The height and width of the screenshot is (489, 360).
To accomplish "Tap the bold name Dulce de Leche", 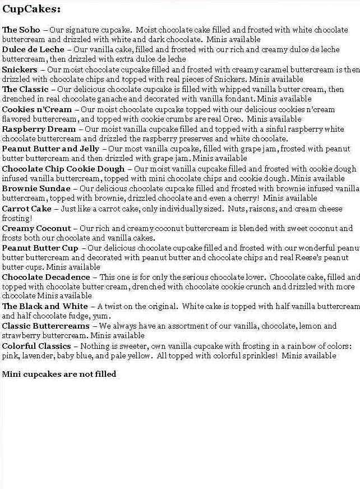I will (33, 49).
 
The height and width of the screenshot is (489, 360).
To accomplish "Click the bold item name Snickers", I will (20, 70).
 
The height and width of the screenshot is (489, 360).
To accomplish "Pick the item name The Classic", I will (25, 89).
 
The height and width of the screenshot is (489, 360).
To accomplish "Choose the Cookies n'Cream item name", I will (37, 109).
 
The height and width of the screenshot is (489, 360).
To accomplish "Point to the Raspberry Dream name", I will (39, 129).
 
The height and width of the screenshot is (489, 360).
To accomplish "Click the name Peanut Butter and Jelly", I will (51, 149).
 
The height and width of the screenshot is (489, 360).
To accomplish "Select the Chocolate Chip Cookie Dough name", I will (63, 169).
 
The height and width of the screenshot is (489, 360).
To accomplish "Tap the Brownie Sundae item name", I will (36, 188).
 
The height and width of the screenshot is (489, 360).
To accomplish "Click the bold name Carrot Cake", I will (27, 209).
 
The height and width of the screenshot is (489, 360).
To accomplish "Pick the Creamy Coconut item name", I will (36, 228).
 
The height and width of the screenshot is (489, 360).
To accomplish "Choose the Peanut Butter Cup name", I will (40, 248).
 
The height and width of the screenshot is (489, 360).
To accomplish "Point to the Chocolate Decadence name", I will (46, 277).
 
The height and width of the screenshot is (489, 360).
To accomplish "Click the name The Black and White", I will (45, 306).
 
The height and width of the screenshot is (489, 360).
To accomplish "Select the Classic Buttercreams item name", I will (46, 326).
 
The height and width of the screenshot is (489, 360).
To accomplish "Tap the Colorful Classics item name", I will (36, 346).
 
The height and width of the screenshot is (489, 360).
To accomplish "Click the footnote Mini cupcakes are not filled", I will (59, 374).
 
